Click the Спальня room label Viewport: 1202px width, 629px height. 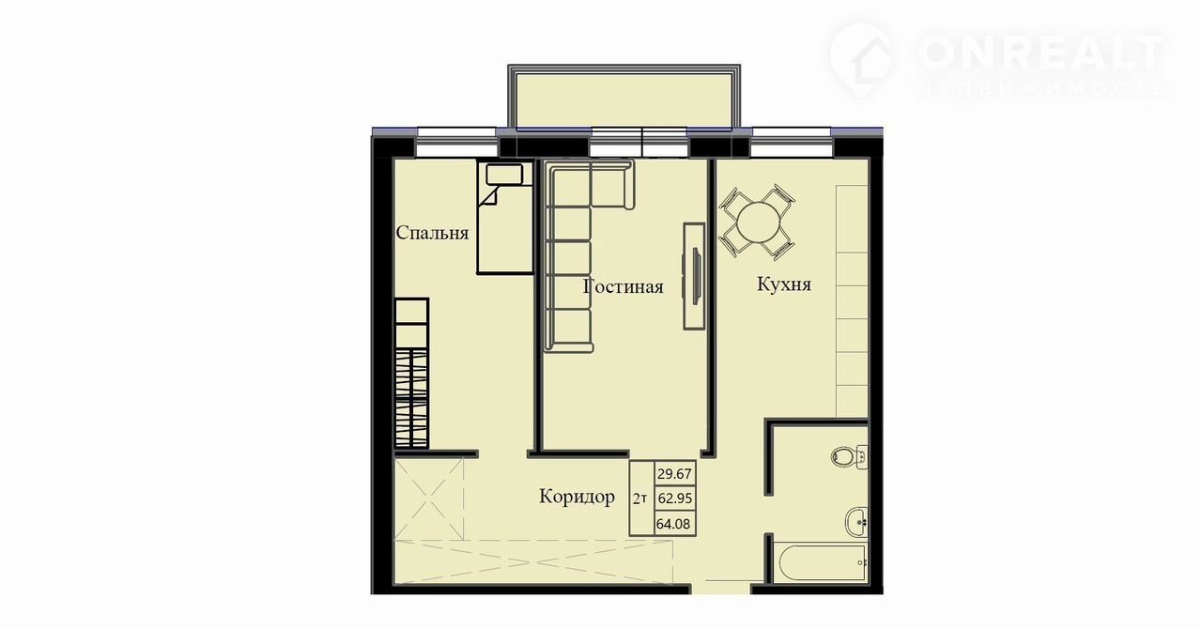432,233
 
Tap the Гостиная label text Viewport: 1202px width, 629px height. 623,286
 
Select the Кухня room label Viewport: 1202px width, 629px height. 784,284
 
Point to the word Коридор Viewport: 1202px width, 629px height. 577,497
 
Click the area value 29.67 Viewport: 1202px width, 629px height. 674,474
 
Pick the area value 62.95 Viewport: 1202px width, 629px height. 675,499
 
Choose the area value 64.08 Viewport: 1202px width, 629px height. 673,523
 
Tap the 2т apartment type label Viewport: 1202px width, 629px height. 640,499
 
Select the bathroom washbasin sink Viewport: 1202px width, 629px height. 857,522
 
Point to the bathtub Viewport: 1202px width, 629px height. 821,562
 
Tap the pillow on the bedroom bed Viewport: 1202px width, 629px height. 504,175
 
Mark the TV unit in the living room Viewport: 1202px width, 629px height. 694,276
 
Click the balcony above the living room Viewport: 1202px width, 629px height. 624,97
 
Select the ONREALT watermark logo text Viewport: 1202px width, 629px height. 1040,53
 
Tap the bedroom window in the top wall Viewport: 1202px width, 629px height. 456,142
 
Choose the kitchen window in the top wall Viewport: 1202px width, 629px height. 792,142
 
